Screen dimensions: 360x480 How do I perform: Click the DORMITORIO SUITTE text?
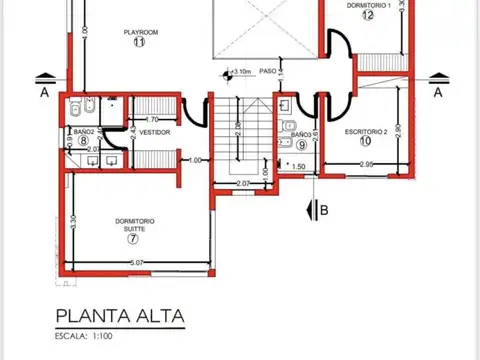[x=134, y=224]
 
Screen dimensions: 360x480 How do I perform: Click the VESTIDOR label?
[x=154, y=132]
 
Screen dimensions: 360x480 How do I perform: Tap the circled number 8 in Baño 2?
[x=83, y=141]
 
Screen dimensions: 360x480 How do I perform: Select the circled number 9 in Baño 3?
[x=301, y=144]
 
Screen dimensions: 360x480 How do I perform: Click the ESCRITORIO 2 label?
[x=366, y=131]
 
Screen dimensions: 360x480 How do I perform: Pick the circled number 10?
[x=366, y=141]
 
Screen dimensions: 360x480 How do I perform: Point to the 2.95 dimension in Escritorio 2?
[x=367, y=164]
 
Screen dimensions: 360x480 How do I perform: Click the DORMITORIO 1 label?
[x=367, y=5]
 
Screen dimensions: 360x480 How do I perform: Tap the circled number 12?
[x=368, y=15]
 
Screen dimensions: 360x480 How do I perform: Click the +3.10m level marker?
[x=238, y=72]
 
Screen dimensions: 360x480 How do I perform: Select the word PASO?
[x=267, y=72]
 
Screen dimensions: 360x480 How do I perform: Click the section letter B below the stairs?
[x=323, y=209]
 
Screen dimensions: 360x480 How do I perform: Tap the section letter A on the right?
[x=437, y=92]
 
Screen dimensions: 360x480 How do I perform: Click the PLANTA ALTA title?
[x=120, y=317]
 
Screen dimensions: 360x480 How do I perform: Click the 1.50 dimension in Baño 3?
[x=299, y=167]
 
